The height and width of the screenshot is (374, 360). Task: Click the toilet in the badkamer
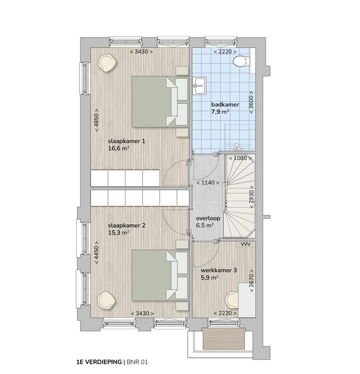[x=241, y=61]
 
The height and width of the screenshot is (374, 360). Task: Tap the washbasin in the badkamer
[x=198, y=85]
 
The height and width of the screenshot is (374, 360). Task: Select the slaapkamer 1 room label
[x=126, y=141]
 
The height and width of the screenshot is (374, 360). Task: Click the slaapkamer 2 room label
[x=126, y=225]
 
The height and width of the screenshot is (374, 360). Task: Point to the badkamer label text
[x=225, y=104]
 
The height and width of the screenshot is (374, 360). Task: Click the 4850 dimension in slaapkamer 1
[x=96, y=120]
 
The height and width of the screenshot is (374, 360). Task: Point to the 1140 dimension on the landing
[x=207, y=182]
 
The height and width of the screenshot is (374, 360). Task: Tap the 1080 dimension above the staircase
[x=241, y=158]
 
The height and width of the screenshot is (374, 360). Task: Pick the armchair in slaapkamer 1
[x=107, y=62]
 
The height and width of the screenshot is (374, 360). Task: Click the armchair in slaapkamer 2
[x=106, y=300]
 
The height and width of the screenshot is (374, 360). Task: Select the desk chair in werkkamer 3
[x=231, y=300]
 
